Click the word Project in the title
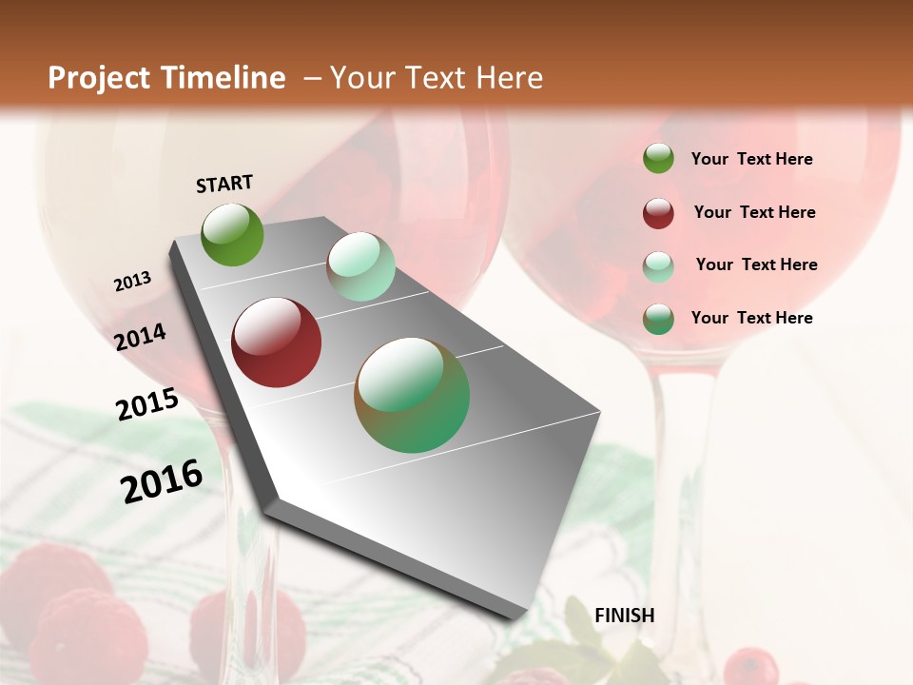coord(100,78)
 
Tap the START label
coord(224,184)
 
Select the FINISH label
coord(624,616)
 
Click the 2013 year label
coord(133,282)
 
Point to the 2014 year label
coord(141,338)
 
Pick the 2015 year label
coord(147,404)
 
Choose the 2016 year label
coord(163,482)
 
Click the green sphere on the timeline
coord(233,235)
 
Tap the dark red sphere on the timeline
coord(277,342)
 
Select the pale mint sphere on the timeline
coord(360,266)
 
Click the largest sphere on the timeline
coord(412,395)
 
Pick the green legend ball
coord(658,159)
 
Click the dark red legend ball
coord(658,213)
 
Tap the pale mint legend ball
coord(658,266)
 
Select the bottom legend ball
coord(658,319)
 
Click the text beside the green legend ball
coord(751,159)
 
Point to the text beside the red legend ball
coord(754,212)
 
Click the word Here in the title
coord(509,78)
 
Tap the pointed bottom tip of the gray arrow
coord(518,616)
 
